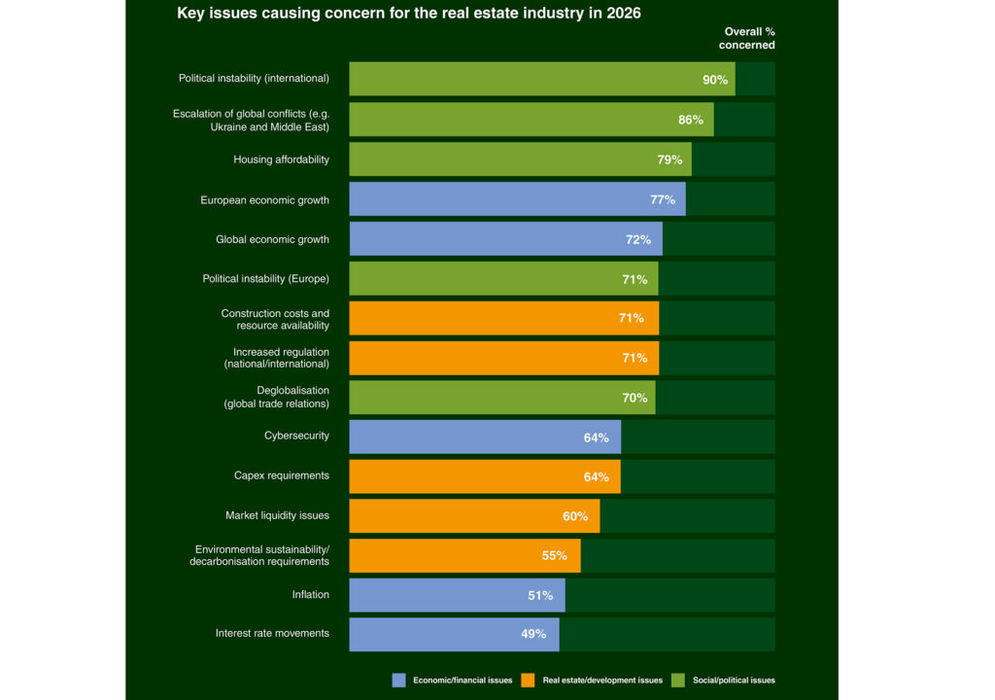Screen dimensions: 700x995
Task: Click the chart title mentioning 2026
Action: pos(408,14)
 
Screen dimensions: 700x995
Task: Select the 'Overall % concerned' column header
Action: pos(748,39)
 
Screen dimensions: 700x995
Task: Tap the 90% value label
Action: pos(715,80)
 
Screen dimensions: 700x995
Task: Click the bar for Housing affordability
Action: pos(520,159)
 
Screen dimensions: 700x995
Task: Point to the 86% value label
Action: pos(690,120)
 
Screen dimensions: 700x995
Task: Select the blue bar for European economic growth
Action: pos(517,199)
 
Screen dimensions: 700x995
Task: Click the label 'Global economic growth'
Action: pos(272,239)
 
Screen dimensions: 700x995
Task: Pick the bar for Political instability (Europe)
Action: pos(503,279)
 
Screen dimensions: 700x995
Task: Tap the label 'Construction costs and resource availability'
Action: pos(275,319)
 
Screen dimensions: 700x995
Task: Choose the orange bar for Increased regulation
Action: pos(503,358)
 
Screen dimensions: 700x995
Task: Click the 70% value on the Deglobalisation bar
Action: pos(634,398)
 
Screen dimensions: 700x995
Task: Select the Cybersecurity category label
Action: pos(296,437)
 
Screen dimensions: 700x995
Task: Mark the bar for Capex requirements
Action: pos(484,476)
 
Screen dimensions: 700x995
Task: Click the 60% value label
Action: pos(575,516)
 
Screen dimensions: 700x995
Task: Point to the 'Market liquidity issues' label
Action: pos(277,515)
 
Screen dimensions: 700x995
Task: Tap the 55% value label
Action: pos(554,556)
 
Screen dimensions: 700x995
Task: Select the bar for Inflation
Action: pos(457,595)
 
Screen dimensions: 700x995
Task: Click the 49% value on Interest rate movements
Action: pos(532,635)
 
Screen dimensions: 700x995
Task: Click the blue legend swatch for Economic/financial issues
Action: pos(398,681)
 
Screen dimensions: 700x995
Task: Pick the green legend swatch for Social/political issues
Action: pos(679,681)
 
